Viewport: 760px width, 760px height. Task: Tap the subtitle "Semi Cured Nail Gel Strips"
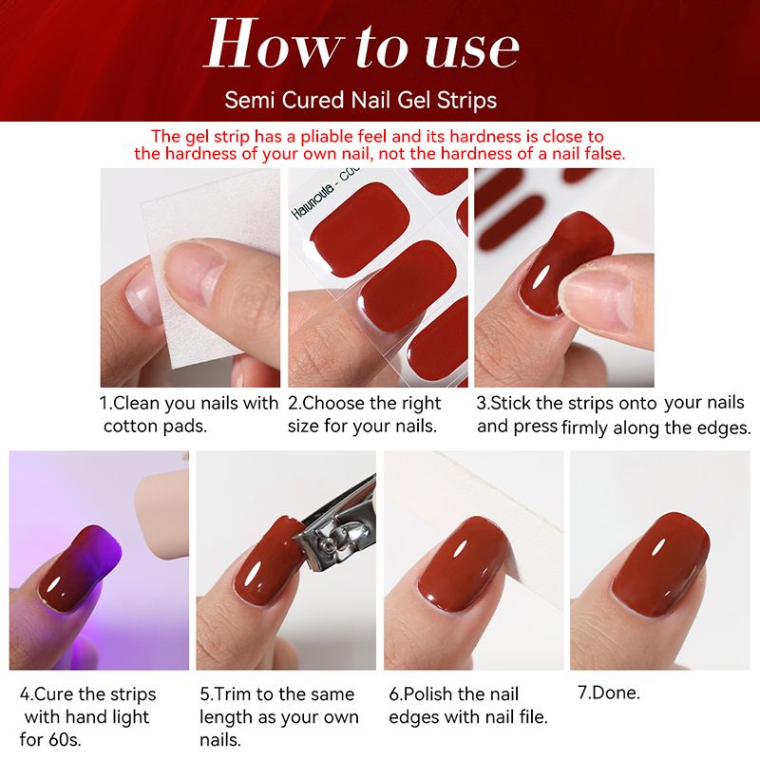click(x=361, y=100)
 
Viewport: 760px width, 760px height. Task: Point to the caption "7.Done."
click(x=608, y=693)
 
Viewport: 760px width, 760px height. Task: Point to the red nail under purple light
click(x=80, y=566)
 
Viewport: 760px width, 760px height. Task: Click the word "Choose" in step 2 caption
click(x=333, y=403)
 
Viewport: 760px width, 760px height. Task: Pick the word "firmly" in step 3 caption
click(x=585, y=428)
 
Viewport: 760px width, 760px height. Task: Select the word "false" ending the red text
click(x=605, y=154)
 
